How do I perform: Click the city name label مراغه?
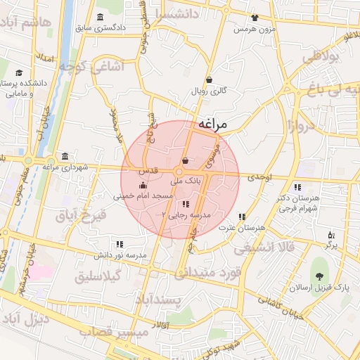[x=213, y=124]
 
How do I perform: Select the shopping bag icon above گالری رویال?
[x=209, y=79]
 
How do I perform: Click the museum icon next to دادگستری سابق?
[x=99, y=17]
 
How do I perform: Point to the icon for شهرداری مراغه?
[x=65, y=155]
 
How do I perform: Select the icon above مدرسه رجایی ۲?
[x=185, y=203]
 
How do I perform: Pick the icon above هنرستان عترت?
[x=242, y=217]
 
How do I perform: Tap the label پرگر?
[x=331, y=247]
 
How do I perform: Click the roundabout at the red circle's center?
[x=180, y=172]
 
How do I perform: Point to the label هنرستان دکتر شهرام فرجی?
[x=299, y=203]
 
